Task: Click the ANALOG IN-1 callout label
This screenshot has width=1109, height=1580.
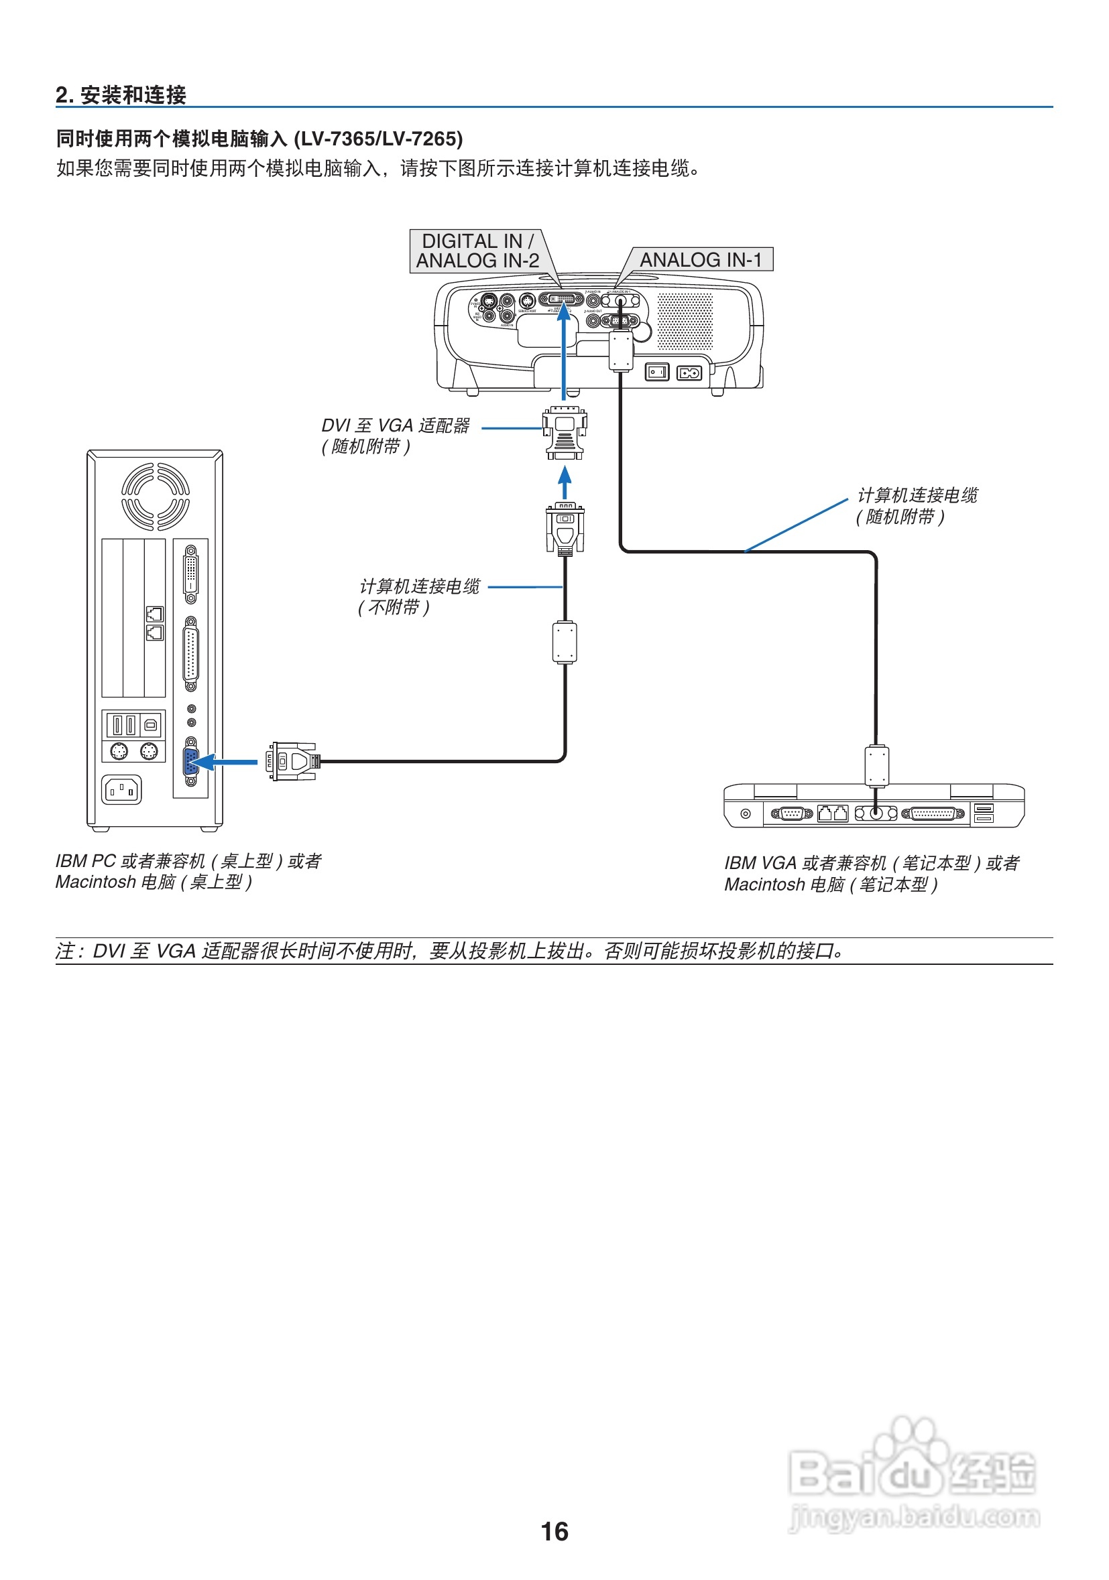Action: [x=700, y=259]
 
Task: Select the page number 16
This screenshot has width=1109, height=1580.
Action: [x=554, y=1531]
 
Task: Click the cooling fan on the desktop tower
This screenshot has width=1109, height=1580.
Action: [x=155, y=496]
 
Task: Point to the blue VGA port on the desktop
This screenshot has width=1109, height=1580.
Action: [x=190, y=761]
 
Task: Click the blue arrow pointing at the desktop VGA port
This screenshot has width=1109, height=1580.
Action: [x=227, y=762]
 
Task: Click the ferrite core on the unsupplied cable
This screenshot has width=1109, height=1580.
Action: [x=565, y=642]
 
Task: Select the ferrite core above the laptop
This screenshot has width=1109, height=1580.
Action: [x=876, y=766]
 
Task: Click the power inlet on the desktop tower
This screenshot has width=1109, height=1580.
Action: [x=121, y=789]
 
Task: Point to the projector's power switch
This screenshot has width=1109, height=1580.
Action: [x=656, y=373]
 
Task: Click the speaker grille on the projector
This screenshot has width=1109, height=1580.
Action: [x=685, y=320]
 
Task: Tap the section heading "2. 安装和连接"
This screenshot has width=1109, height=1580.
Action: [x=121, y=95]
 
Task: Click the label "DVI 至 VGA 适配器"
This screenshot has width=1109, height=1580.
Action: [x=395, y=426]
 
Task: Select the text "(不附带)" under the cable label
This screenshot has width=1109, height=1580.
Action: [x=393, y=607]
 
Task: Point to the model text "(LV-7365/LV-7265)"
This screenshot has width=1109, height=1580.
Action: [x=378, y=139]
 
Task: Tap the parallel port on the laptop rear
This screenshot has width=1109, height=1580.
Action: [x=933, y=813]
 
